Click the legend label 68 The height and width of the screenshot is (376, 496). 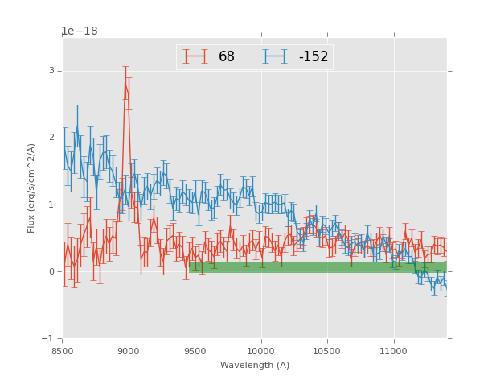pos(227,57)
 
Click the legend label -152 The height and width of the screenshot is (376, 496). pos(313,57)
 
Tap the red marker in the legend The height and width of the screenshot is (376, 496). pos(195,57)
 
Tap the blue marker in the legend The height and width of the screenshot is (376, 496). pos(276,57)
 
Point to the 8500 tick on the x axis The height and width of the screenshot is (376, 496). pos(63,351)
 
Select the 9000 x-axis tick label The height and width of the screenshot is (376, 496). pos(129,351)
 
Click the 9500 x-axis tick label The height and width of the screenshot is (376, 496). pos(195,351)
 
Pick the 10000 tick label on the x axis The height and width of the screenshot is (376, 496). pos(261,351)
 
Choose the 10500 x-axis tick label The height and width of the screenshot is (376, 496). pos(327,351)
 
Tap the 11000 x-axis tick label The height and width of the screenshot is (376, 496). pos(394,351)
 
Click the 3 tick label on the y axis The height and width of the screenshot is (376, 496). pos(51,71)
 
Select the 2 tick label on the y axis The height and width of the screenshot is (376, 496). pos(51,138)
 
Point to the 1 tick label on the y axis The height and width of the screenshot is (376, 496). pos(51,205)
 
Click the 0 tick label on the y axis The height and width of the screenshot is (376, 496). pos(51,271)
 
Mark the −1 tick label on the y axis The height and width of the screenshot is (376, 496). pos(48,338)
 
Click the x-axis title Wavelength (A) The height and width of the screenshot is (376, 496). pos(255,366)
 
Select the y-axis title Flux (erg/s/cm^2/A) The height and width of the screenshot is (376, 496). pos(32,188)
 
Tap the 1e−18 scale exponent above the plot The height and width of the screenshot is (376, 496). pos(80,31)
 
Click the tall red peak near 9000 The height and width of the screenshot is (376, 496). pos(126,82)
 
